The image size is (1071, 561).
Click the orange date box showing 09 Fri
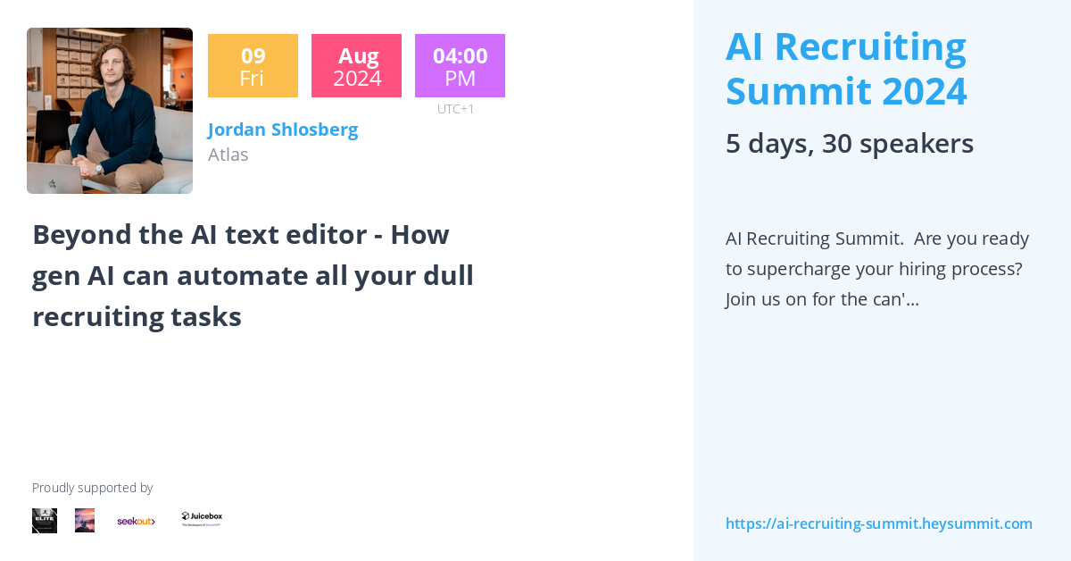pyautogui.click(x=253, y=66)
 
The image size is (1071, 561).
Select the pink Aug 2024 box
pyautogui.click(x=356, y=66)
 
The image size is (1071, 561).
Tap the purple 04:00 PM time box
pyautogui.click(x=460, y=66)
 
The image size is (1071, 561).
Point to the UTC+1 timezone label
pyautogui.click(x=455, y=109)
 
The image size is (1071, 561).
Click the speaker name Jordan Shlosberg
pyautogui.click(x=283, y=130)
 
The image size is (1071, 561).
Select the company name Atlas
pyautogui.click(x=228, y=155)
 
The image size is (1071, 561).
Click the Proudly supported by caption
pyautogui.click(x=92, y=488)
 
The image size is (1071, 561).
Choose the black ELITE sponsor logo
pyautogui.click(x=45, y=521)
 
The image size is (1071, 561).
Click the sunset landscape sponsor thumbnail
pyautogui.click(x=85, y=521)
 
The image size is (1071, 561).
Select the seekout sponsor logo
pyautogui.click(x=136, y=521)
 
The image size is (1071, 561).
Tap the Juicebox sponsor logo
pyautogui.click(x=202, y=519)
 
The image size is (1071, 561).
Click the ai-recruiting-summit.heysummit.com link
pyautogui.click(x=878, y=523)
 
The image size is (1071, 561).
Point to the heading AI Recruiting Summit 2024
pyautogui.click(x=845, y=69)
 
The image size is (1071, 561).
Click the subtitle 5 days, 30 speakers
pyautogui.click(x=849, y=144)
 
